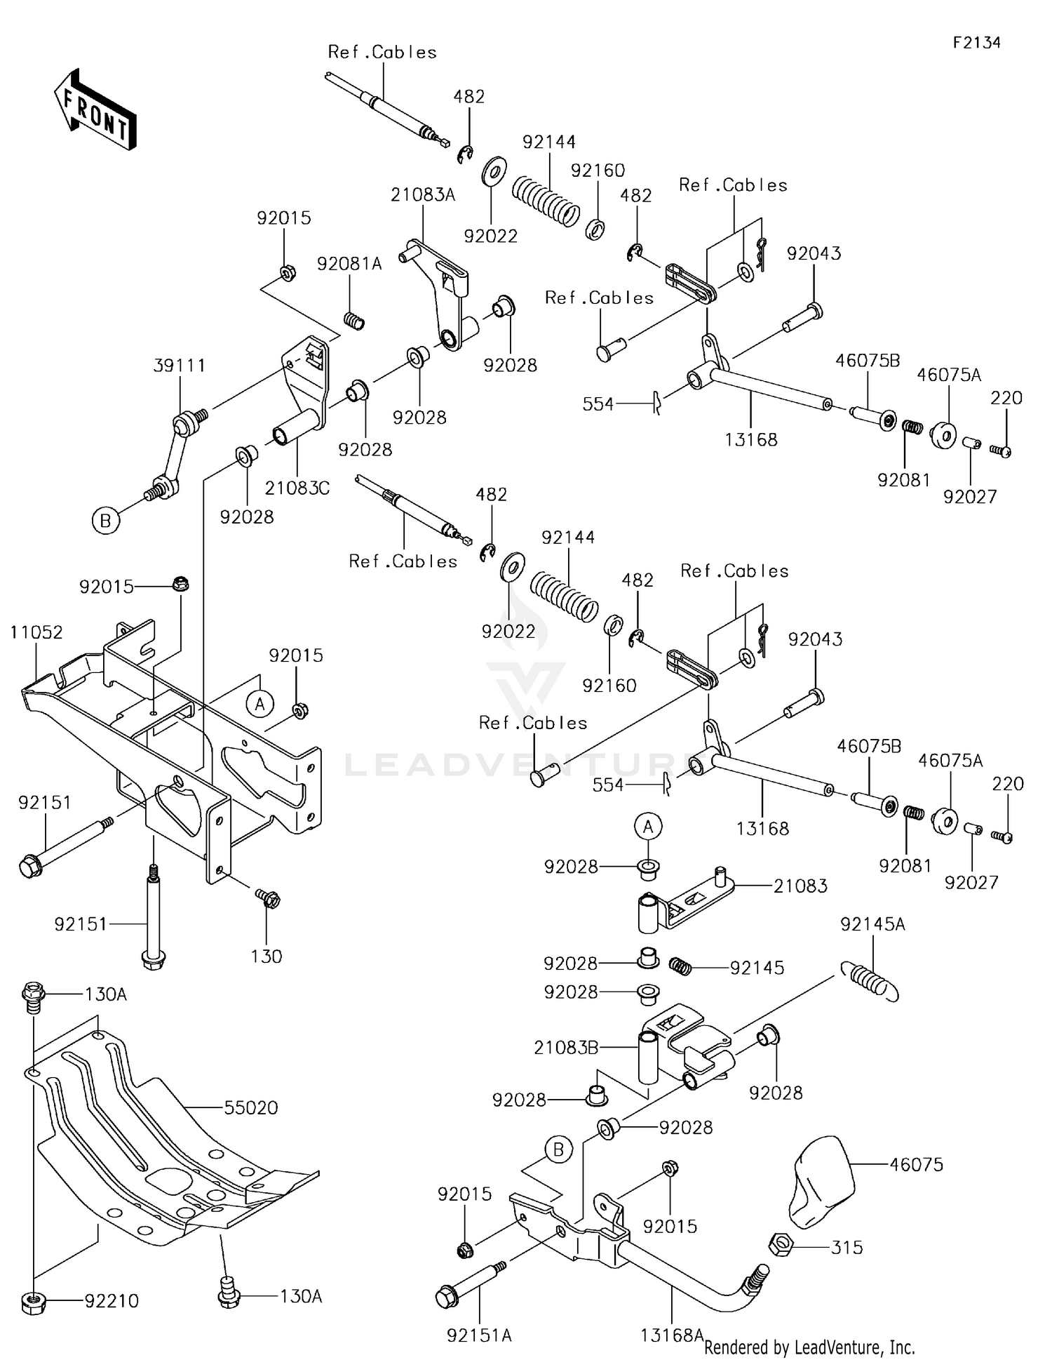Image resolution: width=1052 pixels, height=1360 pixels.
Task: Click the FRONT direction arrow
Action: point(95,109)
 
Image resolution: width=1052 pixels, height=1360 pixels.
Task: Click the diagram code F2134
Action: point(976,43)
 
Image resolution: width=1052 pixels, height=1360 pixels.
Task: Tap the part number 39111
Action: point(180,366)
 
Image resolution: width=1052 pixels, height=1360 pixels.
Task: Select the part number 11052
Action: point(36,632)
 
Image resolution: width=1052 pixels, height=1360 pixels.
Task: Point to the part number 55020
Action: point(251,1107)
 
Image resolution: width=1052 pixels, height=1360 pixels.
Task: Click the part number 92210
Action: point(112,1300)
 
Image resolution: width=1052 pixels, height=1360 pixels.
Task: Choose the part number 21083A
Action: point(423,195)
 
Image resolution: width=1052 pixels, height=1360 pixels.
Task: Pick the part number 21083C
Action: point(297,488)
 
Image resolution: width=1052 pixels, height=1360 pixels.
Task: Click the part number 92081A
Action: point(349,264)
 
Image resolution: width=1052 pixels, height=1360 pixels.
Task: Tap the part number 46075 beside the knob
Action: point(917,1164)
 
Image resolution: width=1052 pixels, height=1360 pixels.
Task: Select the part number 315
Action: point(847,1247)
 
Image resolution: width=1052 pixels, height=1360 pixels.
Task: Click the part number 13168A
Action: point(671,1335)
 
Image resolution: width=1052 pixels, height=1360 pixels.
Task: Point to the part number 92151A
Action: point(479,1335)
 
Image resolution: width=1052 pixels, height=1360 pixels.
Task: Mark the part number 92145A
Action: point(872,925)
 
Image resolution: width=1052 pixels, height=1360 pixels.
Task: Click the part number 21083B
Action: point(566,1048)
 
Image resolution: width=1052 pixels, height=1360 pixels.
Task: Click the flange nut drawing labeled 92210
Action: point(34,1302)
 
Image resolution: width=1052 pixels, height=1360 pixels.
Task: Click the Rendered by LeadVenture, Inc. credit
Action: point(809,1347)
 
